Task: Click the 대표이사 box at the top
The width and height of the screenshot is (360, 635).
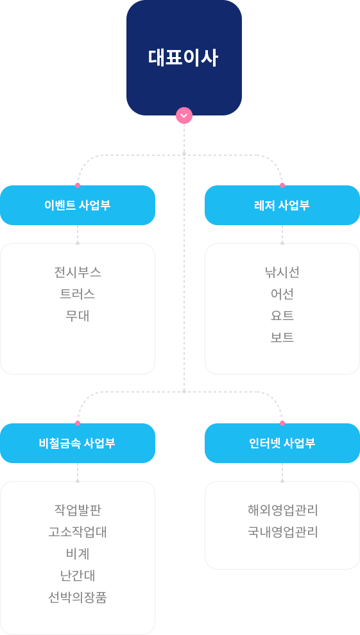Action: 184,58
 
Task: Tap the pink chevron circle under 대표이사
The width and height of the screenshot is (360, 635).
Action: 184,115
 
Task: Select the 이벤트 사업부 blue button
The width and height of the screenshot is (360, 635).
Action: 78,205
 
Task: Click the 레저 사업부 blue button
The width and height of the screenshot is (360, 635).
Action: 282,205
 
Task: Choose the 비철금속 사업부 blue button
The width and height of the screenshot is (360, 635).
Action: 78,443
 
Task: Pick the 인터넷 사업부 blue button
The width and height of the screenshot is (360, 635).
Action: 282,443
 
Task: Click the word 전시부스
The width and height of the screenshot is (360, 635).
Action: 78,272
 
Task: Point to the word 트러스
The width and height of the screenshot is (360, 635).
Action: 78,294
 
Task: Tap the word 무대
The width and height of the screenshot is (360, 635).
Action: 78,316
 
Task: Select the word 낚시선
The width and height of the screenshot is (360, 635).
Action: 282,272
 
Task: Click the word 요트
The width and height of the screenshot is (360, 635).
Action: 282,316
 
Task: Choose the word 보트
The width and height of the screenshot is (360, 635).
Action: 282,337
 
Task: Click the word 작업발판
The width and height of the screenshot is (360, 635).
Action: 78,510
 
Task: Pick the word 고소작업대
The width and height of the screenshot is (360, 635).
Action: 78,532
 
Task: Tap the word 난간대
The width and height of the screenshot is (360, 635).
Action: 78,575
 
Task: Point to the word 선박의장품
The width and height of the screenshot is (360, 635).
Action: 78,597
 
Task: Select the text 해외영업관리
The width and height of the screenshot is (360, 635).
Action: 282,510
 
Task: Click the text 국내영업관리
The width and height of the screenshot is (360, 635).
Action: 282,532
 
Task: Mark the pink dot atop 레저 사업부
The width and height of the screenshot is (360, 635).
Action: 282,185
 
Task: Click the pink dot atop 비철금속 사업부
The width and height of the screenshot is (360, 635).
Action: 78,423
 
